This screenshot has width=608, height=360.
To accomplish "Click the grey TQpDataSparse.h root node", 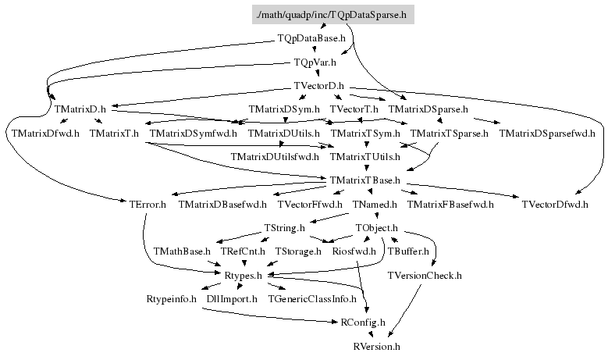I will pos(332,15).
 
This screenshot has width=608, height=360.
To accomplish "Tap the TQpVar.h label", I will pos(315,62).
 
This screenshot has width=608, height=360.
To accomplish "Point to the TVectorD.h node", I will pos(318,86).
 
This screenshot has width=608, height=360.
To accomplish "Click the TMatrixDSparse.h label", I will pos(428,109).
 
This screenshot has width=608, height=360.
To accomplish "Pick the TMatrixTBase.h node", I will pos(364,180).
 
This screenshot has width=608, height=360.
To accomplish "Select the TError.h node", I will pos(148,205).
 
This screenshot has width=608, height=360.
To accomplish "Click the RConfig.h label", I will pos(363,322).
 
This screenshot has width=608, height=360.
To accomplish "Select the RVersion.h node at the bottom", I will pos(376,345).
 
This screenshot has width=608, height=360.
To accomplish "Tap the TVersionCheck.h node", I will pos(425,275).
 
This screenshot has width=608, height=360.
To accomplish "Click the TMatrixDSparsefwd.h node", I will pos(546,134).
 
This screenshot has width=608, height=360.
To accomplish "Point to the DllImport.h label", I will pos(232,298).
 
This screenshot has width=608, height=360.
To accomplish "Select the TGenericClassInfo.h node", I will pos(312,298).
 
